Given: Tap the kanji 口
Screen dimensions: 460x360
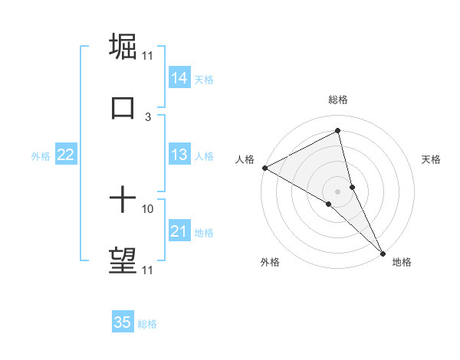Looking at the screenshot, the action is (x=123, y=107).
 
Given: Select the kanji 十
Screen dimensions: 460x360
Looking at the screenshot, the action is (x=123, y=201).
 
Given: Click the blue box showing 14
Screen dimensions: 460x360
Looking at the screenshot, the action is (x=179, y=77).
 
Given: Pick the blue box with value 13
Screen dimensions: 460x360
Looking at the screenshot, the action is (x=179, y=155).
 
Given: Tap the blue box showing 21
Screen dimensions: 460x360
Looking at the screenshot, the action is (x=179, y=231).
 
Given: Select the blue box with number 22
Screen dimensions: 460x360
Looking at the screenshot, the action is (x=66, y=155).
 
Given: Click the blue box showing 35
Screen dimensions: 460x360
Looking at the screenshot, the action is (x=123, y=322).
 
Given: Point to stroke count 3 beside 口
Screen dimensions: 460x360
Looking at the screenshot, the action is (x=148, y=116).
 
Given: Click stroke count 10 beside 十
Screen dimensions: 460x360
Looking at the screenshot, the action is (x=148, y=208).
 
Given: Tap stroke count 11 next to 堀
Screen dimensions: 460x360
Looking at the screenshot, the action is (x=148, y=55).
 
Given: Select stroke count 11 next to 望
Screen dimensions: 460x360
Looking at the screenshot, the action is (x=148, y=270).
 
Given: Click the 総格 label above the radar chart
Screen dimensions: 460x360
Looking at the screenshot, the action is (x=338, y=100).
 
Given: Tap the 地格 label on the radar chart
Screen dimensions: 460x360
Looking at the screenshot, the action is (x=402, y=262).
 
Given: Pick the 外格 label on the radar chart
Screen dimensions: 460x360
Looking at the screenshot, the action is (x=270, y=262).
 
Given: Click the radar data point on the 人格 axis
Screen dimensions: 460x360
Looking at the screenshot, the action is (x=264, y=167).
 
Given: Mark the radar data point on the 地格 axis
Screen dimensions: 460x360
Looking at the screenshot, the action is (x=383, y=252).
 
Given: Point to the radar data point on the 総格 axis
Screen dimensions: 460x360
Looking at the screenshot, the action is (x=338, y=131).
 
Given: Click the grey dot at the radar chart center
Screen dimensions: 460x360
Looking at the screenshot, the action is (x=338, y=191).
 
